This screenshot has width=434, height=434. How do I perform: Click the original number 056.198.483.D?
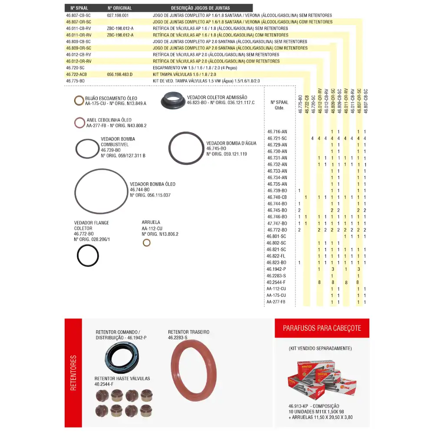pyautogui.click(x=120, y=74)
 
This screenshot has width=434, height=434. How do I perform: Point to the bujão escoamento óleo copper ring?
pyautogui.click(x=79, y=101)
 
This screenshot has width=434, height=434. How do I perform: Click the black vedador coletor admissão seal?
pyautogui.click(x=173, y=101)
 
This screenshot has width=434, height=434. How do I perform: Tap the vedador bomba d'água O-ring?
pyautogui.click(x=186, y=148)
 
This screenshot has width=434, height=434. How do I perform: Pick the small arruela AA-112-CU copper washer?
pyautogui.click(x=147, y=242)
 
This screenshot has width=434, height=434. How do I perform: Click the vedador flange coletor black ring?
pyautogui.click(x=88, y=256)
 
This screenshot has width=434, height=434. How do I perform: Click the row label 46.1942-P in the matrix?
pyautogui.click(x=276, y=269)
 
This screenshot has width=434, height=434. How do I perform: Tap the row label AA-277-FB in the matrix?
pyautogui.click(x=276, y=302)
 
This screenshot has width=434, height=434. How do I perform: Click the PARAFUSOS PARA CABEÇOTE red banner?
pyautogui.click(x=322, y=328)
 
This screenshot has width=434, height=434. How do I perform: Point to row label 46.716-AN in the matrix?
pyautogui.click(x=277, y=132)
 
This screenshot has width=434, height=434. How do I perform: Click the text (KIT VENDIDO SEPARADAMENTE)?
pyautogui.click(x=320, y=348)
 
